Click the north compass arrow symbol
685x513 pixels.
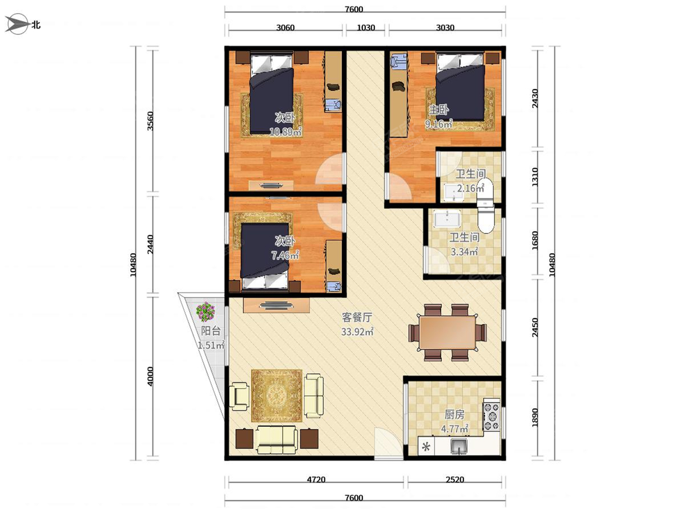16,24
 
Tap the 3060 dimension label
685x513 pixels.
285,28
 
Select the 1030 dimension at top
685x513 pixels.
366,28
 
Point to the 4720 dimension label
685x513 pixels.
316,480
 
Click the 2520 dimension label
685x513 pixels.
455,480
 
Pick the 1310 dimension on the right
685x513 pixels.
535,177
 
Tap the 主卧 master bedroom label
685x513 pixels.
438,109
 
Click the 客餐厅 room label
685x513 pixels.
357,317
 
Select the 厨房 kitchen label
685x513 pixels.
454,414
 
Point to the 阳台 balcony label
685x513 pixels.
211,331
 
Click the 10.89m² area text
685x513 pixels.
285,132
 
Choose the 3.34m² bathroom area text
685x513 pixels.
464,251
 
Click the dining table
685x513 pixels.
448,332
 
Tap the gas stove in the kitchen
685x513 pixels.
491,414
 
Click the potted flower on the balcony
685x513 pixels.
205,311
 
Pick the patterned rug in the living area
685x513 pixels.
277,396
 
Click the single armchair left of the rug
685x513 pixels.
239,396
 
